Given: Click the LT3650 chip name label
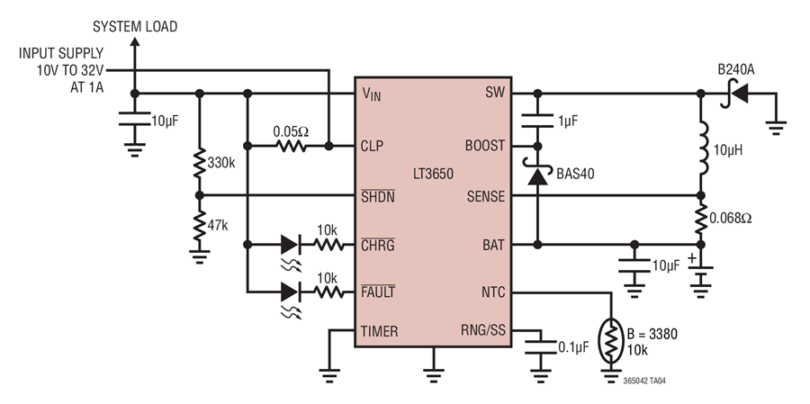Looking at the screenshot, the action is click(433, 174).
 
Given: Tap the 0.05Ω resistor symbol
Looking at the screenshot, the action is click(291, 146).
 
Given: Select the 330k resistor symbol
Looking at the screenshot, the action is click(200, 163).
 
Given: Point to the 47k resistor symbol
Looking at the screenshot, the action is click(200, 226).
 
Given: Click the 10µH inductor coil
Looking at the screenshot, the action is click(704, 148).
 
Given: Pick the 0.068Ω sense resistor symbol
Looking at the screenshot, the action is click(700, 219).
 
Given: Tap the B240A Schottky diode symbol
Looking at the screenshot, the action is click(734, 94).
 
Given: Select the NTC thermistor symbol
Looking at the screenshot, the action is click(612, 341).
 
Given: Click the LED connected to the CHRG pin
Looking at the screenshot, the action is click(291, 245).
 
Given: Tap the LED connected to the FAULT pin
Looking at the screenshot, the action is click(291, 292).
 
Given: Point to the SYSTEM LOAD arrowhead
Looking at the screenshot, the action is click(134, 41).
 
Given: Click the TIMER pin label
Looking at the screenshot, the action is click(379, 332).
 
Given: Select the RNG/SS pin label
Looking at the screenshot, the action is click(483, 330).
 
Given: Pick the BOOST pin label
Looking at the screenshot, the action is click(484, 146).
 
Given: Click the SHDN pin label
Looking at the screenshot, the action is click(378, 196).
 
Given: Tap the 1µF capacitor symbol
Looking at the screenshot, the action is click(537, 121).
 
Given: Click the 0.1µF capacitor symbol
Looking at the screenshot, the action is click(540, 347).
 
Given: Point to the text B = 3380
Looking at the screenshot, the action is click(652, 334).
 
